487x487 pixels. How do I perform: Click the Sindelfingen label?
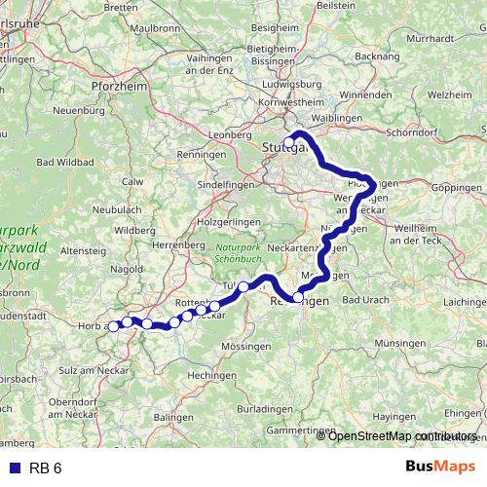click(x=227, y=184)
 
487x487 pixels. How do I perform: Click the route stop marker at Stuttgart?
click(x=288, y=143)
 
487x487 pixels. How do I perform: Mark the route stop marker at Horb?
click(x=113, y=326)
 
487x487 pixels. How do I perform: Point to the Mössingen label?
click(x=245, y=346)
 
